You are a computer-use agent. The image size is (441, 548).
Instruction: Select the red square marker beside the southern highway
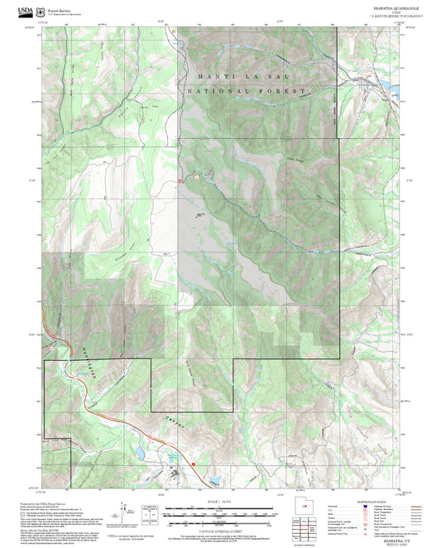[x=194, y=464]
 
